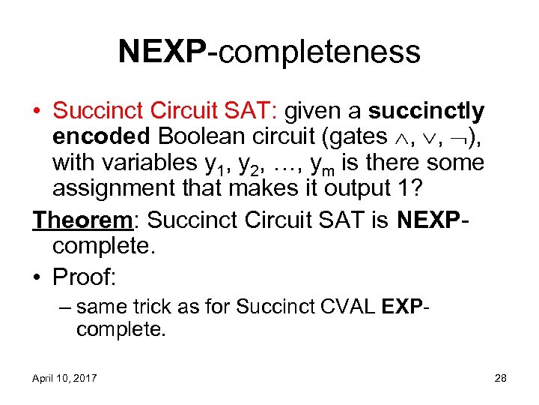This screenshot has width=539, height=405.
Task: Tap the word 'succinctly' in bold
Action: (x=427, y=112)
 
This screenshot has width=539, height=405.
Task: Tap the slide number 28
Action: (x=500, y=378)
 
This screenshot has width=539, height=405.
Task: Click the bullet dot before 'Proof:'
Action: (x=38, y=277)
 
